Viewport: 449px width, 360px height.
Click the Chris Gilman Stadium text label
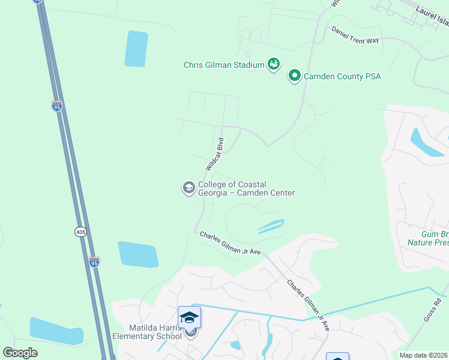pos(224,65)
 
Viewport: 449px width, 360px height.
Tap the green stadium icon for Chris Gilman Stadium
pos(274,64)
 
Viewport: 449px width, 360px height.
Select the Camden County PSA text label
pos(342,77)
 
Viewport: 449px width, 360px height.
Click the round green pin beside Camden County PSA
pos(295,76)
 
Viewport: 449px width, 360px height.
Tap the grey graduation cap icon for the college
pos(188,188)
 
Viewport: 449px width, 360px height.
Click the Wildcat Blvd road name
pos(214,154)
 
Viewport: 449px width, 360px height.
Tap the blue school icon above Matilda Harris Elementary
pos(189,317)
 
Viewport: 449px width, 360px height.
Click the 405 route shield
pos(80,231)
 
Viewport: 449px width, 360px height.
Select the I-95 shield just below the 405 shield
pos(94,262)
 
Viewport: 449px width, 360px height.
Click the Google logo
pos(20,352)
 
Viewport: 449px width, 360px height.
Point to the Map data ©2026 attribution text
pos(423,355)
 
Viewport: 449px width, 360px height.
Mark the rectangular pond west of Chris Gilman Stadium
pos(136,49)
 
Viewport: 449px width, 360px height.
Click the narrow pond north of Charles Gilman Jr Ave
pos(271,226)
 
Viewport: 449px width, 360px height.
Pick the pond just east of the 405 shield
pos(139,254)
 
